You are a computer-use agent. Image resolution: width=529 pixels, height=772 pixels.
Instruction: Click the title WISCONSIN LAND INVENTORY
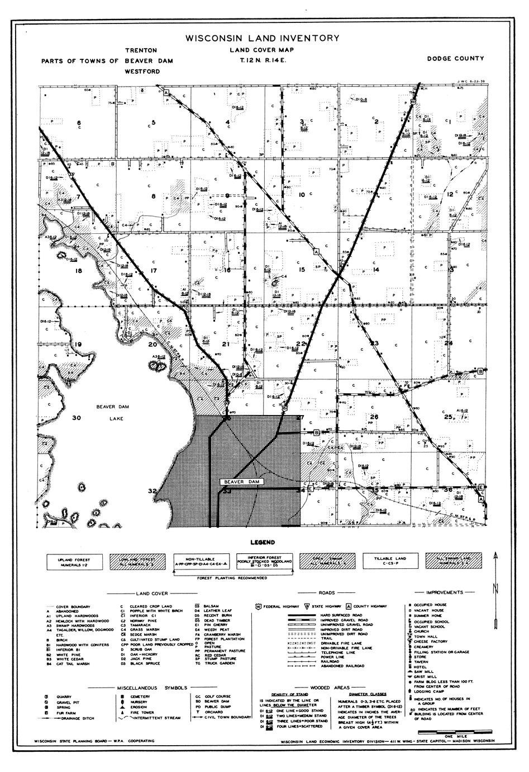(x=262, y=39)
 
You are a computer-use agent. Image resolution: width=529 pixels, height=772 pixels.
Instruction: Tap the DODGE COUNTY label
(x=455, y=58)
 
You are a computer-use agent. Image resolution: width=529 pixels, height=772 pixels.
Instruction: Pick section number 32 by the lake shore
(x=152, y=491)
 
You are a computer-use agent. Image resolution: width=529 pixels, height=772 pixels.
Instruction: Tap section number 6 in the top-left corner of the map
(x=79, y=123)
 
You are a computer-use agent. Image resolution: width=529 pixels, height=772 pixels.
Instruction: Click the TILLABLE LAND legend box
(x=390, y=561)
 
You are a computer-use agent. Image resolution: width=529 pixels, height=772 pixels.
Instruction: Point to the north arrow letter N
(x=495, y=586)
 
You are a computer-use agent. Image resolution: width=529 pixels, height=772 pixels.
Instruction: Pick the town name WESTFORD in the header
(x=142, y=72)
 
